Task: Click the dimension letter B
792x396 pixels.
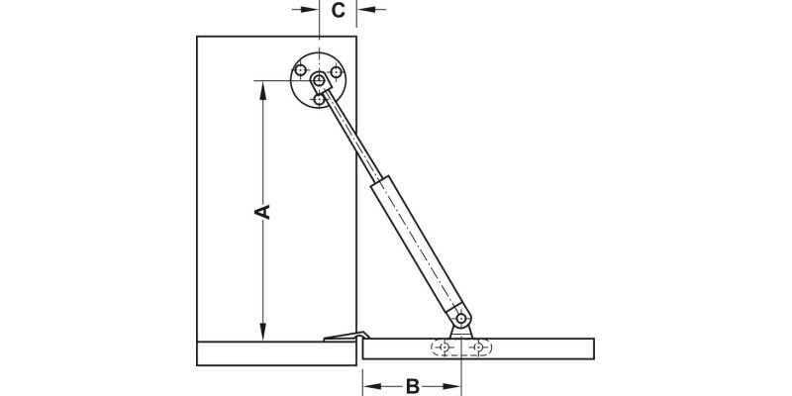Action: point(414,385)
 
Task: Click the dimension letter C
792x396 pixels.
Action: point(338,11)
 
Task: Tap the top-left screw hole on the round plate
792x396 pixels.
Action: point(300,70)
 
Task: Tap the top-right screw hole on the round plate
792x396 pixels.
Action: point(337,71)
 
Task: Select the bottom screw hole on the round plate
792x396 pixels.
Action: point(319,99)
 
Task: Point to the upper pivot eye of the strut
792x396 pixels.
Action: point(318,79)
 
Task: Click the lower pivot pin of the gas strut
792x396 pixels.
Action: point(461,318)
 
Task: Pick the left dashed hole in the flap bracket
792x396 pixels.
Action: point(443,347)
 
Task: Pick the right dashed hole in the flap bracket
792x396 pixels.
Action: point(479,347)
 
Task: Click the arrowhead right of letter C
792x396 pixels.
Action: point(362,9)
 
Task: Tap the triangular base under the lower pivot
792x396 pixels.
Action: point(461,332)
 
